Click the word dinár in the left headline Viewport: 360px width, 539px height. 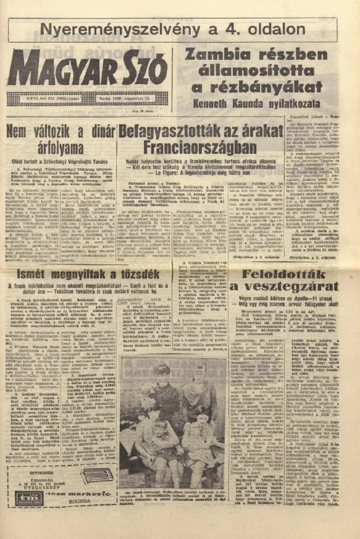click(90, 132)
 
